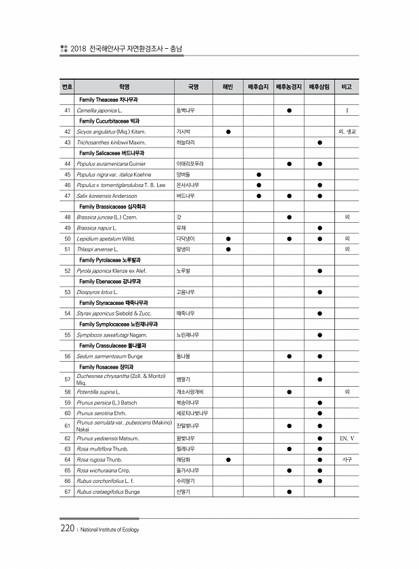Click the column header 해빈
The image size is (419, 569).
tap(227, 87)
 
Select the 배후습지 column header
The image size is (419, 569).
tap(259, 87)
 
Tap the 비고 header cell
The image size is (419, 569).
tap(347, 87)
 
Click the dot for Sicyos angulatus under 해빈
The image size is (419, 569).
tap(228, 131)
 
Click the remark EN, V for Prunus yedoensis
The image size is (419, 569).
tap(347, 438)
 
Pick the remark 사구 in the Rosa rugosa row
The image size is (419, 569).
tap(347, 459)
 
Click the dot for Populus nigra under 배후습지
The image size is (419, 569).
tap(259, 174)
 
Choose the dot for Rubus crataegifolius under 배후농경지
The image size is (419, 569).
tap(289, 491)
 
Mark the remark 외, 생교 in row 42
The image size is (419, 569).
tap(347, 131)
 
